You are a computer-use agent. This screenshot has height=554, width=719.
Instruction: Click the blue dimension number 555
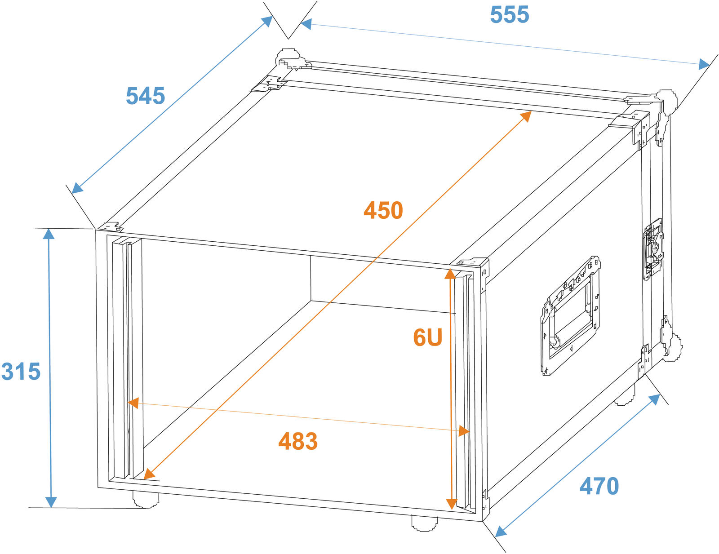coord(509,14)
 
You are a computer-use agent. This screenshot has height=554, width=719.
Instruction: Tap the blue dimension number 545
coord(145,96)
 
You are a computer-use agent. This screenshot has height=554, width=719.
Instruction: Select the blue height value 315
coord(21,372)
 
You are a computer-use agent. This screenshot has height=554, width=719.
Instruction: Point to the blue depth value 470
coord(599,486)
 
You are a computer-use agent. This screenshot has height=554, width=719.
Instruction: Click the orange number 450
coord(383,210)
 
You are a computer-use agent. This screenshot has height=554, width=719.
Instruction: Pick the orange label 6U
coord(427,337)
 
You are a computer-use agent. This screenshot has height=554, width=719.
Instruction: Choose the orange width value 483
coord(298,441)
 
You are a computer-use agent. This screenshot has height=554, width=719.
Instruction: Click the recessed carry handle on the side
coord(570,315)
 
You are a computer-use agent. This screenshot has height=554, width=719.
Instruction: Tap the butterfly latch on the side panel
coord(653,250)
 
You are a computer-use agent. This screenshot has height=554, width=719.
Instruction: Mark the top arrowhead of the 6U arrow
coord(450,274)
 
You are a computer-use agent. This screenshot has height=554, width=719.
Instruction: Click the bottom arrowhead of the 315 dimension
coord(51,502)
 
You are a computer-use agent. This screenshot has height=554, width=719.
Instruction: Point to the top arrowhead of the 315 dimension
coord(49,234)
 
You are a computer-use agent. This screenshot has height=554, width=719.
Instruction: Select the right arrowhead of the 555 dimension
coord(704,65)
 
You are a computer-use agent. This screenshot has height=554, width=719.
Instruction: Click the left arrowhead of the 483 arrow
coord(133,403)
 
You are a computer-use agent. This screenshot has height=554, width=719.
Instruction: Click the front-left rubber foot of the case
coord(146,499)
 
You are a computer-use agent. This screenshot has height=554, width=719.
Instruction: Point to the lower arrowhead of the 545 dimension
coord(78,188)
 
